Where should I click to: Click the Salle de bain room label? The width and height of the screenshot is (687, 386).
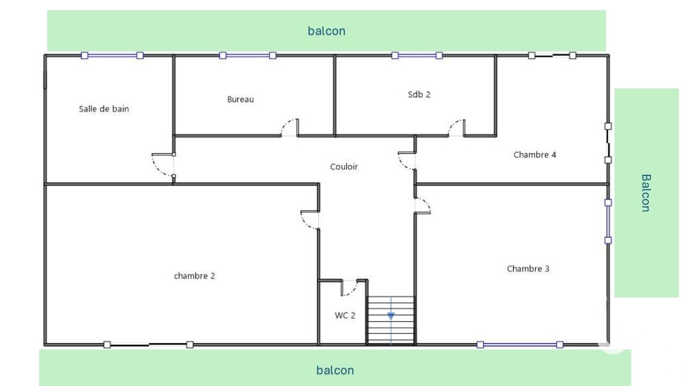click(x=104, y=109)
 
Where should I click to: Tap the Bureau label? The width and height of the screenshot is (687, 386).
click(x=240, y=99)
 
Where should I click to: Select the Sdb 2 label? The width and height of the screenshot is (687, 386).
click(x=419, y=94)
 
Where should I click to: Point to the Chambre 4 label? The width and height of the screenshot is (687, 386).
click(x=535, y=155)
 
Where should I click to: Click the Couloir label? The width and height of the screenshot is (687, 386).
click(x=344, y=167)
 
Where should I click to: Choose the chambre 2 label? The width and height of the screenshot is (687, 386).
click(x=194, y=276)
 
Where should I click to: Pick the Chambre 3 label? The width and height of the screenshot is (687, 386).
click(x=528, y=269)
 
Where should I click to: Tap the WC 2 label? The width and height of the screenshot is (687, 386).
click(x=345, y=315)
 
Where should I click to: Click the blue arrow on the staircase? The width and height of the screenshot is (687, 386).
click(x=391, y=316)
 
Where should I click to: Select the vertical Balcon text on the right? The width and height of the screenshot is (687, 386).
click(x=646, y=193)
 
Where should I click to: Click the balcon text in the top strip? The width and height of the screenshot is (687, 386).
click(x=326, y=31)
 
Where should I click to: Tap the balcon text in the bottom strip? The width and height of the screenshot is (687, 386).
click(x=335, y=370)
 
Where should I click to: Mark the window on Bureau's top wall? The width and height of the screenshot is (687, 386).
click(x=248, y=55)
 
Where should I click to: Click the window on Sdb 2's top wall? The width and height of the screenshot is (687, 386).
click(x=417, y=55)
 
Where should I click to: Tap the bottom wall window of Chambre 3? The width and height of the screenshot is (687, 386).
click(x=520, y=345)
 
